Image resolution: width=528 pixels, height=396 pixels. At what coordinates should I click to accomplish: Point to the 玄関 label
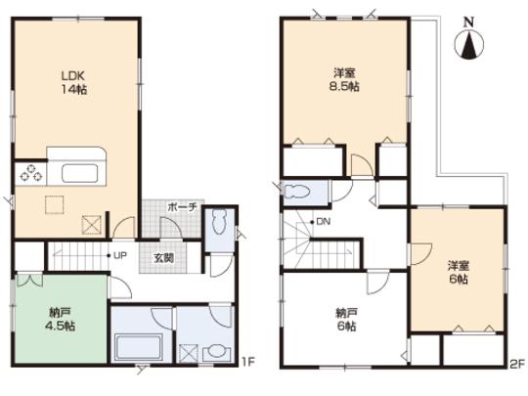(x=163, y=258)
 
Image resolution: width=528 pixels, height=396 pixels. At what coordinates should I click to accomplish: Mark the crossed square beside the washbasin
(x=189, y=353)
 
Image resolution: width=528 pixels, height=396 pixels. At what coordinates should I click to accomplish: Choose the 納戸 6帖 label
(x=348, y=320)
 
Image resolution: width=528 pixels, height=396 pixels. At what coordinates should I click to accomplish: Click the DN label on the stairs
(x=321, y=222)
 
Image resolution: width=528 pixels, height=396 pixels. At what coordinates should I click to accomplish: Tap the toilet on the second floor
(x=299, y=191)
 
